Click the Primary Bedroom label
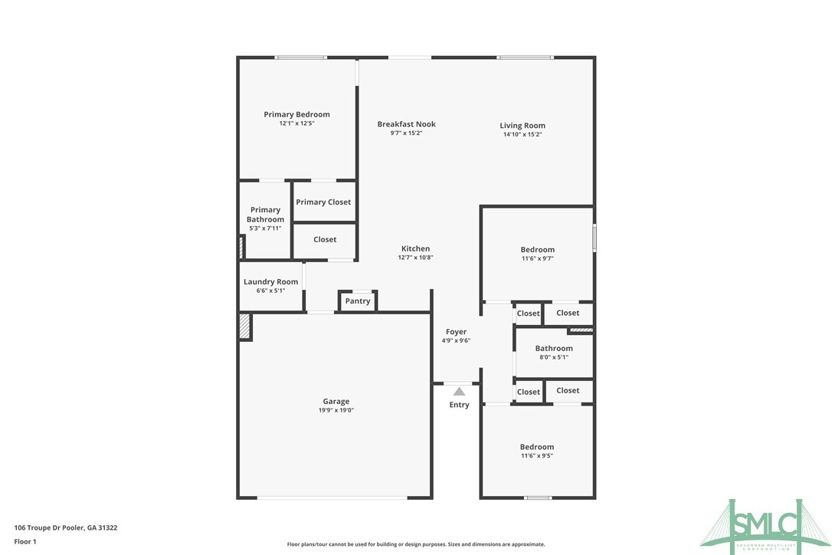point(296,115)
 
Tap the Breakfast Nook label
point(406,124)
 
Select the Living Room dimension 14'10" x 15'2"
point(522,134)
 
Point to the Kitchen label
point(415,248)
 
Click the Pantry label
point(357,301)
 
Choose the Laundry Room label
point(270,282)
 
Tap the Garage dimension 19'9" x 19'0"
point(336,410)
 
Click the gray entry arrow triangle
point(459,392)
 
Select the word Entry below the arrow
point(459,405)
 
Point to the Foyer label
point(456,332)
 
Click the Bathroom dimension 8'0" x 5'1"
point(553,356)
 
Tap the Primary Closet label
point(323,202)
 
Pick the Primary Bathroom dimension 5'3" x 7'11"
point(265,228)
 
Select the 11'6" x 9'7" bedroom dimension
point(537,258)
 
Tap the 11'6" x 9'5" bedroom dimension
point(536,455)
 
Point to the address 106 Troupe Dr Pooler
point(66,527)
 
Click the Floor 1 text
point(25,541)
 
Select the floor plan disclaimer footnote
point(416,544)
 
